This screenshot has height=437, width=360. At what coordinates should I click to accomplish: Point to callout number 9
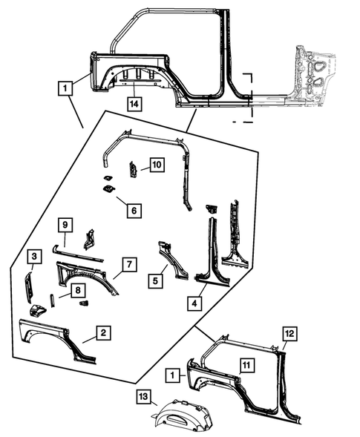pyautogui.click(x=65, y=224)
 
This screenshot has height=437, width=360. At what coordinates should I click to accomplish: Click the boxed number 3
pyautogui.click(x=34, y=257)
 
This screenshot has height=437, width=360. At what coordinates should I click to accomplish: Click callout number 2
pyautogui.click(x=104, y=334)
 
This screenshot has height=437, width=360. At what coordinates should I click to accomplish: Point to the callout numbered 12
pyautogui.click(x=289, y=334)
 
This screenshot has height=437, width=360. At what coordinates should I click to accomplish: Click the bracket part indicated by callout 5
pyautogui.click(x=172, y=260)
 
